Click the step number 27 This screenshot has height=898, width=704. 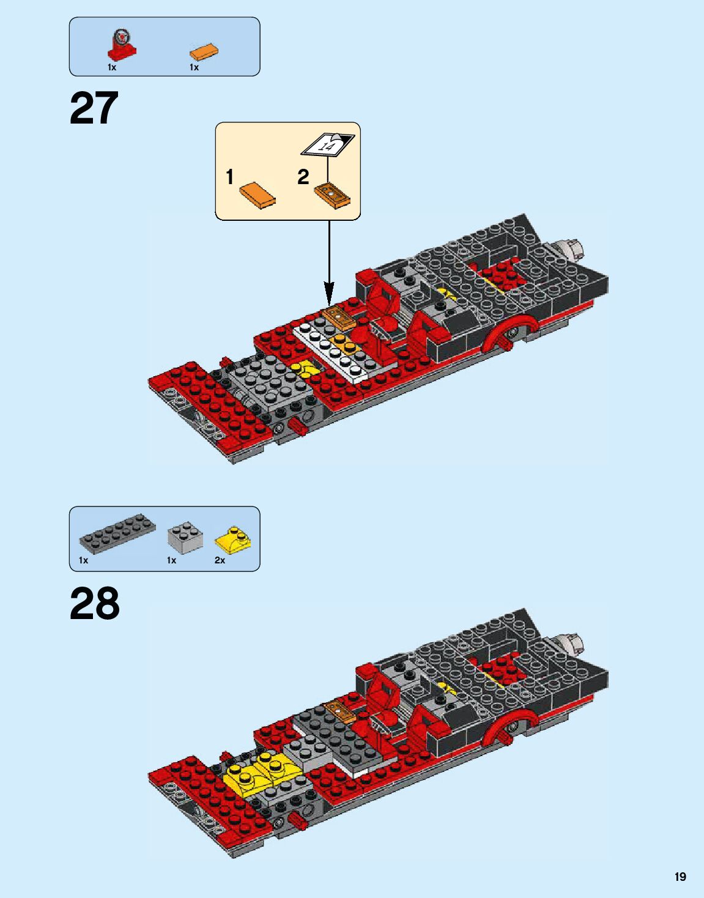click(94, 109)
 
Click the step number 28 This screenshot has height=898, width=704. click(94, 604)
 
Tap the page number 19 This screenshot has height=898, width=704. click(680, 877)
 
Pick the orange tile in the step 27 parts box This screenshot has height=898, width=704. click(204, 51)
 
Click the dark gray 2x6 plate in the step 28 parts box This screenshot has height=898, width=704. click(117, 533)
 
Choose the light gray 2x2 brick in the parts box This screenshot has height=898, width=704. click(185, 537)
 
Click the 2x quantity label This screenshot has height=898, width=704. click(220, 560)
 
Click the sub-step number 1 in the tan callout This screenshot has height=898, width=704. click(229, 177)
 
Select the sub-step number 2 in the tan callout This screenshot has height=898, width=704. click(303, 177)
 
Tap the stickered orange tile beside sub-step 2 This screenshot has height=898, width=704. click(332, 195)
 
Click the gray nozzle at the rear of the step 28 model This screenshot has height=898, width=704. click(571, 644)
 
